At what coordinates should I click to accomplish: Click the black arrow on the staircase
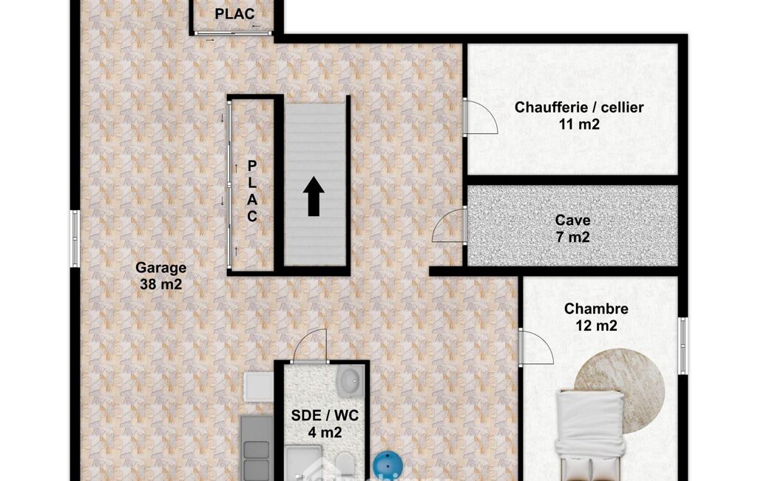[314, 196]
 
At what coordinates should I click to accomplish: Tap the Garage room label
[160, 268]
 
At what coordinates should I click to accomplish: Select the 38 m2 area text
[161, 285]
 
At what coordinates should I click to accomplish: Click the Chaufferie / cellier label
[578, 107]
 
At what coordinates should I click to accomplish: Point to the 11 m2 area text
[579, 124]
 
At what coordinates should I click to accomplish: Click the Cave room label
[572, 221]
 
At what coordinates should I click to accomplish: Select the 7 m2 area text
[573, 237]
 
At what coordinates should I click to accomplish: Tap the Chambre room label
[596, 309]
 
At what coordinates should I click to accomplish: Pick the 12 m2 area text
[596, 326]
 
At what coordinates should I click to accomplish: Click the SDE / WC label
[325, 416]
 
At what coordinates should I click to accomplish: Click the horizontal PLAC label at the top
[234, 14]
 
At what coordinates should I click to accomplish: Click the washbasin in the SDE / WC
[351, 380]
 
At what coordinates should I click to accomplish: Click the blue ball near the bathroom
[388, 466]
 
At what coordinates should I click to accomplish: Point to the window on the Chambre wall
[683, 346]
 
